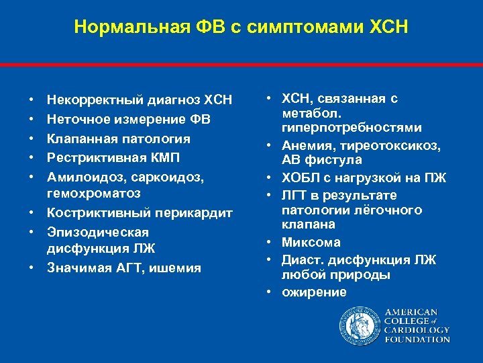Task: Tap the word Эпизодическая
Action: pyautogui.click(x=97, y=233)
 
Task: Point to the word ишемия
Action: pyautogui.click(x=176, y=268)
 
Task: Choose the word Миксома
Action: pyautogui.click(x=311, y=242)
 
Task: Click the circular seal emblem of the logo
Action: pyautogui.click(x=360, y=325)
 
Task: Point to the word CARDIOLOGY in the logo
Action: pyautogui.click(x=416, y=330)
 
